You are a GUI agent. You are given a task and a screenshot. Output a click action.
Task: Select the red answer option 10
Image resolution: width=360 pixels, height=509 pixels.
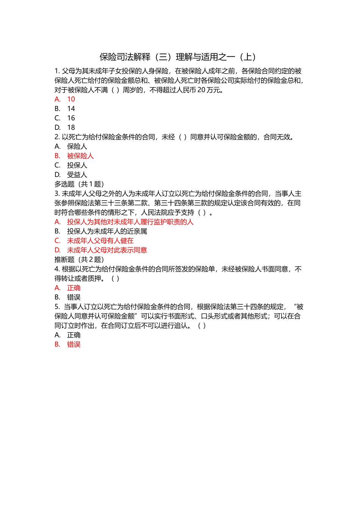click(x=71, y=99)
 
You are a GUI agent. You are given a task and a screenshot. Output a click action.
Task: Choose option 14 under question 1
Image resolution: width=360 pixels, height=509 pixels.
click(x=71, y=109)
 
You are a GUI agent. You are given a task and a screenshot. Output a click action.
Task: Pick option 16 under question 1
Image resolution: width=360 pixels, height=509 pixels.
click(x=71, y=118)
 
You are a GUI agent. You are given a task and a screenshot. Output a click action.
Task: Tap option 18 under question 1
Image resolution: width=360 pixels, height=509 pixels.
click(x=71, y=128)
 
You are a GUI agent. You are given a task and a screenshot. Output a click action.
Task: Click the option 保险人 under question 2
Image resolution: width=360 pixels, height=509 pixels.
click(x=77, y=147)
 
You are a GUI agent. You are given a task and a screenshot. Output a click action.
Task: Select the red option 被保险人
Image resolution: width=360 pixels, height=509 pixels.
click(x=80, y=156)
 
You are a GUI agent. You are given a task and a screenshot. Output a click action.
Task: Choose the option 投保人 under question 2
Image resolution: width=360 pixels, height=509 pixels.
click(x=77, y=166)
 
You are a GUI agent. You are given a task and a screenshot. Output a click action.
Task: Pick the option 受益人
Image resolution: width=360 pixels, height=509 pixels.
click(x=77, y=175)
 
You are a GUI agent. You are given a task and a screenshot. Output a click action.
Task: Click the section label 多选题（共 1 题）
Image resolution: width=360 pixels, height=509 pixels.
click(x=79, y=184)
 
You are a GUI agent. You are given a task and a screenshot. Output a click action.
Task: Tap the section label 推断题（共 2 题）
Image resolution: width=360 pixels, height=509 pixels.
click(x=79, y=259)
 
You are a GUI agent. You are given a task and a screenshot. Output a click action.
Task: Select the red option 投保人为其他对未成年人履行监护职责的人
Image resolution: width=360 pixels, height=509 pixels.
click(x=130, y=222)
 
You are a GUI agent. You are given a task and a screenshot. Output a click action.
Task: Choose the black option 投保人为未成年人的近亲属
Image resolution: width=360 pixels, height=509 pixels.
click(x=107, y=231)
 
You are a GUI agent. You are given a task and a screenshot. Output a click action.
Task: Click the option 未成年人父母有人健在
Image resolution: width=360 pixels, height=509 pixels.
click(x=100, y=241)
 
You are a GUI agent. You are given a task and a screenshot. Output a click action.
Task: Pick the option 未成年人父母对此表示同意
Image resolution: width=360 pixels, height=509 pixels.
click(x=107, y=250)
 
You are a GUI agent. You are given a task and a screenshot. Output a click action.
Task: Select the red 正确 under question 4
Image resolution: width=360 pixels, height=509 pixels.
click(x=74, y=288)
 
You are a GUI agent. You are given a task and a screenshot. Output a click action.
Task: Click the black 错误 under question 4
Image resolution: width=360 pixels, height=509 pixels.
click(x=74, y=297)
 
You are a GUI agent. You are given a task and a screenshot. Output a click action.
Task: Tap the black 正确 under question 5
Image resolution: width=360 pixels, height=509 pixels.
click(x=74, y=335)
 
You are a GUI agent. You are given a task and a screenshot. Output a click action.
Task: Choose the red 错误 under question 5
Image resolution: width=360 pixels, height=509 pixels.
click(x=74, y=344)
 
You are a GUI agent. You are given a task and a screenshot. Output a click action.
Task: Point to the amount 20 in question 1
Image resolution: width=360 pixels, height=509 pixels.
click(x=202, y=90)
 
